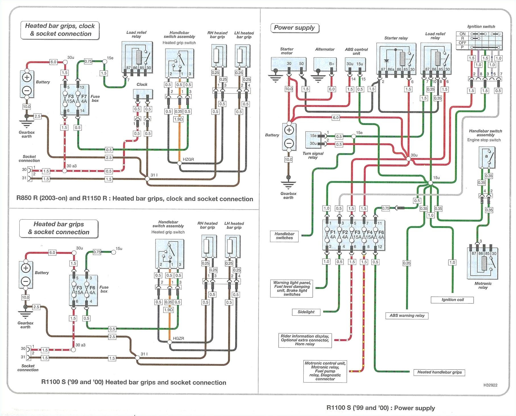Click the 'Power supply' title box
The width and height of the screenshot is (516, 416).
tap(294, 28)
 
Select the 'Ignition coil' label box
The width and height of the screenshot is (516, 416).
tap(452, 300)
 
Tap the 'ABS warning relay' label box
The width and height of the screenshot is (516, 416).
tap(407, 315)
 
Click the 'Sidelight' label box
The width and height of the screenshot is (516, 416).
tap(306, 312)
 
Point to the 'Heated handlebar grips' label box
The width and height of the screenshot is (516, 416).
tap(439, 372)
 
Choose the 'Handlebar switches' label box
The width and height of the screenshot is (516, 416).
tap(284, 236)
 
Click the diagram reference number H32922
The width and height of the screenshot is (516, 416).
tap(490, 385)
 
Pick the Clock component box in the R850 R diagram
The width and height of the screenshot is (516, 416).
tap(143, 94)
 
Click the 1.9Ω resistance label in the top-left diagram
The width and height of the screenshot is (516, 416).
tap(178, 119)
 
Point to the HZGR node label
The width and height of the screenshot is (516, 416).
tap(188, 159)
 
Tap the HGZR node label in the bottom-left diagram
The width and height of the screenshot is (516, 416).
tap(179, 338)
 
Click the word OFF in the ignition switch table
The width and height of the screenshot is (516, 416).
tap(462, 43)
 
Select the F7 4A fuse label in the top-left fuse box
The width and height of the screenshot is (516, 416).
tap(84, 99)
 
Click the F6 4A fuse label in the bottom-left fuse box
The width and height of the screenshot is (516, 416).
tap(92, 290)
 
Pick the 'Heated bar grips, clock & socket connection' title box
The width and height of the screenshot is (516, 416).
tap(60, 30)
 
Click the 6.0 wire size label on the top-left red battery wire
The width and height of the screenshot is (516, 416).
tap(53, 62)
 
